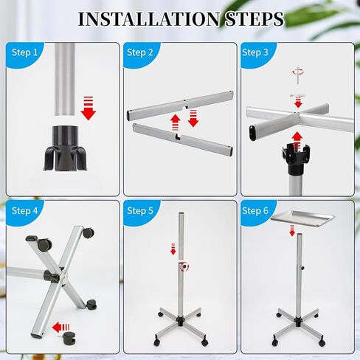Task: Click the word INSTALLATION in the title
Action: click(144, 19)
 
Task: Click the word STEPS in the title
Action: click(248, 19)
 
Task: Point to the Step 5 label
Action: click(140, 211)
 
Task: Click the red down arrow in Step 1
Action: click(89, 108)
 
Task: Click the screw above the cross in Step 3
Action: click(297, 72)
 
